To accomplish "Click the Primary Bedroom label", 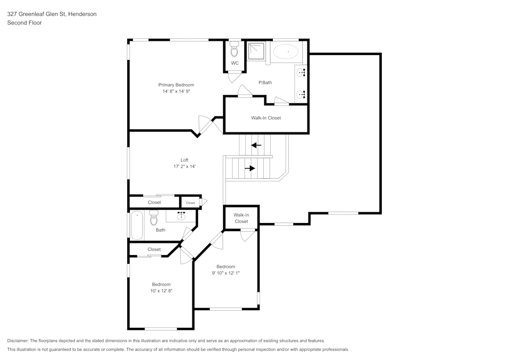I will (x=176, y=85).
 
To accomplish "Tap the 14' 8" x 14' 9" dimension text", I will (x=176, y=92).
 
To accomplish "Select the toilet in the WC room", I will (x=235, y=50).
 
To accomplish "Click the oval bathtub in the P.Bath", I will (x=287, y=51).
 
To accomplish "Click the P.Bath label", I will (x=265, y=82).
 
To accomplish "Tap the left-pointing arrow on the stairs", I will (x=256, y=145).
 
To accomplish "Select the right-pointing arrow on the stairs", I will (x=249, y=168).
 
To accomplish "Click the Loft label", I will (x=184, y=160).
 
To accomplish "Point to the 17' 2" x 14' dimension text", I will (x=184, y=167).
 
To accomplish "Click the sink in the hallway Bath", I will (x=181, y=216).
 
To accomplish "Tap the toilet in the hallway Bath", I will (x=154, y=219).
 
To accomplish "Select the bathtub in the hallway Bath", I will (x=137, y=225).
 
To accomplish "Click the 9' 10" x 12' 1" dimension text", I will (x=225, y=273).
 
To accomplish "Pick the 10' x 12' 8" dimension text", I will (x=161, y=291).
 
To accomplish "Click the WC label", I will (x=235, y=63).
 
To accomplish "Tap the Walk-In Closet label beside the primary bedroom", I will (x=266, y=118).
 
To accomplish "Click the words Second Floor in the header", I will (x=24, y=23).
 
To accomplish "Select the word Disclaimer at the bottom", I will (x=18, y=341).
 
